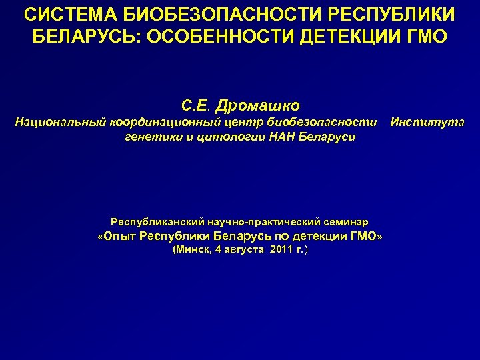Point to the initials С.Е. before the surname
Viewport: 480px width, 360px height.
coord(195,105)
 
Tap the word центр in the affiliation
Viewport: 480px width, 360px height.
coord(231,122)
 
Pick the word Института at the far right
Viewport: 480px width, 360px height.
coord(427,122)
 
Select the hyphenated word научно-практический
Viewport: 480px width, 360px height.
coord(259,221)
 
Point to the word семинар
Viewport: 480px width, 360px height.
coord(346,221)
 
